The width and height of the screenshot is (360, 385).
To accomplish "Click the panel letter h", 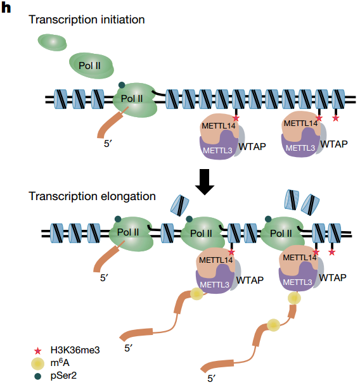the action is pos(6,8).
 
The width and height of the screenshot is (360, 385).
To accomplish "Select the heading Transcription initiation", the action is pos(87,20).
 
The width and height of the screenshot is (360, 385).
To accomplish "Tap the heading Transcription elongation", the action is pos(92,196).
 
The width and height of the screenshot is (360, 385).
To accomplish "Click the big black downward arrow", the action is pos(205,182).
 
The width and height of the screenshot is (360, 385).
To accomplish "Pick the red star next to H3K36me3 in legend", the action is pos(37,351).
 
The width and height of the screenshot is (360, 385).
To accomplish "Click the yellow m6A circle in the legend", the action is pos(38,363).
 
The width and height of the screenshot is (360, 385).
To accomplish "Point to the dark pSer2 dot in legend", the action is pos(38,376).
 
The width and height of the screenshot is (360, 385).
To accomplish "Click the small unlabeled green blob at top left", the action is pos(52,42).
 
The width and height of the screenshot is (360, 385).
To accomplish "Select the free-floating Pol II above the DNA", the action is pos(91,66).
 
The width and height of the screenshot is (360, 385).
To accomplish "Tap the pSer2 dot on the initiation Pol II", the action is pos(122,85).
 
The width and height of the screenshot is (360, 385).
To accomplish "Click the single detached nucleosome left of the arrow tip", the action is pos(180,206).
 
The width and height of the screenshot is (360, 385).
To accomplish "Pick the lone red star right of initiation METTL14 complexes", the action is pos(336,118).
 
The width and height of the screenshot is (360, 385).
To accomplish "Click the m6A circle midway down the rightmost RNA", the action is pos(274,325).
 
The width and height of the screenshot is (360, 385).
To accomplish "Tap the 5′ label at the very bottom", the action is pos(212,379).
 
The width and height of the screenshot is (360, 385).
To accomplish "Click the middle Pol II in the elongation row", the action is pos(202,232).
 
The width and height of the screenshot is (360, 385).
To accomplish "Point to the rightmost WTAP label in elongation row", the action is pos(333,278).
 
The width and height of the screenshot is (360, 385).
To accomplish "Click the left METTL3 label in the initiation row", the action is pos(217,150).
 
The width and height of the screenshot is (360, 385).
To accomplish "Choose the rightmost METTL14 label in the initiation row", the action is pos(301,123).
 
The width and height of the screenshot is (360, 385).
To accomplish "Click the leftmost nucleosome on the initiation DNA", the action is pos(60,99).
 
